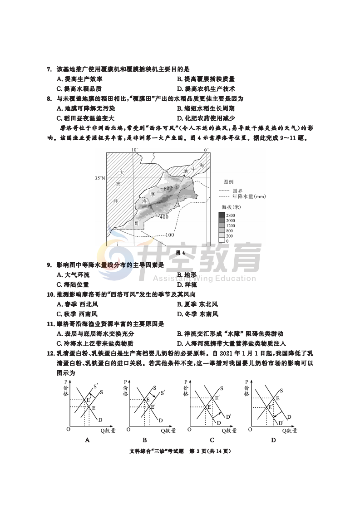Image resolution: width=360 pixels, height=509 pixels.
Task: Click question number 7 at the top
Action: [49, 69]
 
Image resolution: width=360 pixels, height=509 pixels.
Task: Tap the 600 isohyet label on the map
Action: [168, 188]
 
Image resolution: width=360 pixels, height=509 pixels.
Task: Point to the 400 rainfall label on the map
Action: [164, 217]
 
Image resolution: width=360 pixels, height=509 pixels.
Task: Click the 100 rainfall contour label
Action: [169, 235]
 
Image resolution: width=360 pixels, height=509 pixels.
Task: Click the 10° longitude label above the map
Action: [135, 149]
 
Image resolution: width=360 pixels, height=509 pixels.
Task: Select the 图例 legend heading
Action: [229, 181]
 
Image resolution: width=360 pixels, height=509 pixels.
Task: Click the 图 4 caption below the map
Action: [180, 253]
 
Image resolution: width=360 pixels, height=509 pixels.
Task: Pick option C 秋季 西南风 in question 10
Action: [77, 314]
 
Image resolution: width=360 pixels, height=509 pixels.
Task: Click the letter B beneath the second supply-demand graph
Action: [144, 440]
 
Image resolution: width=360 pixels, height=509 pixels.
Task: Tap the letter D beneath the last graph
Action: [273, 440]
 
